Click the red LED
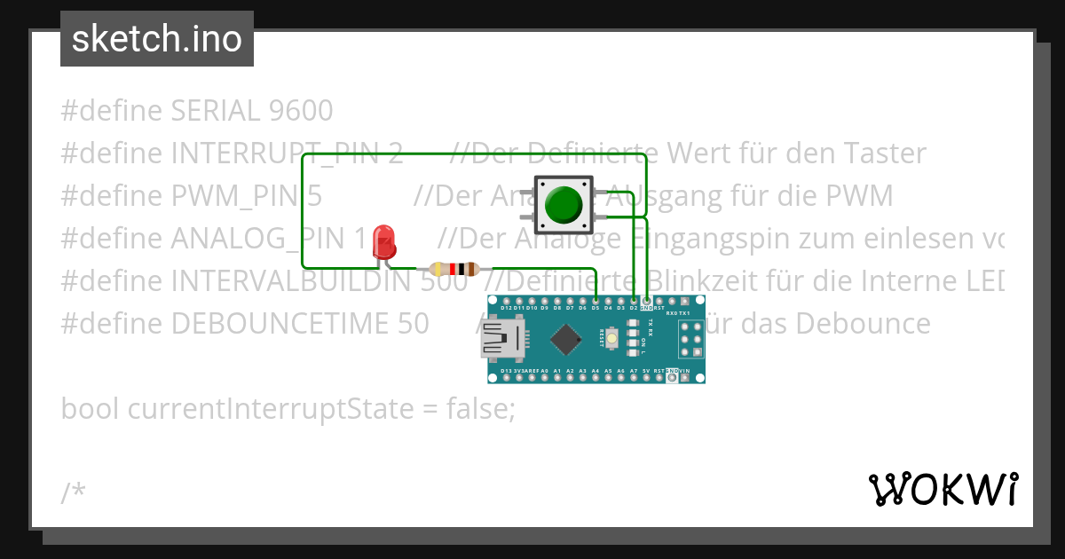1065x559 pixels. point(384,241)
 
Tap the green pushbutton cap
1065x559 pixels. point(562,205)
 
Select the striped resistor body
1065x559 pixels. point(454,269)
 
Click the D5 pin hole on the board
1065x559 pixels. point(595,301)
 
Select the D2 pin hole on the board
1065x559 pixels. point(633,301)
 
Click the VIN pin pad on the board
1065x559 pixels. point(684,378)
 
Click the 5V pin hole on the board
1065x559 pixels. point(646,378)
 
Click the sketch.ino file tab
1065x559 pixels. point(157,39)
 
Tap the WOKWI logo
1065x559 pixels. point(943,489)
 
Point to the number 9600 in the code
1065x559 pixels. point(299,111)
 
